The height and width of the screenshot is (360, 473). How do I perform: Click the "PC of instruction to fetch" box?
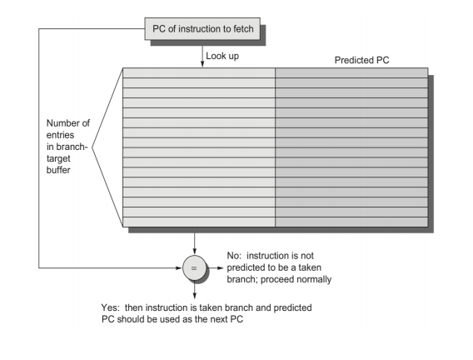click(202, 28)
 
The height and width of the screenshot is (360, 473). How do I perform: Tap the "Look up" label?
click(222, 56)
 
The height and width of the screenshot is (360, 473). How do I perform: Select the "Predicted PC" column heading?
click(361, 60)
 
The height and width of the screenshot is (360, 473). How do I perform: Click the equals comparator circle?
click(194, 267)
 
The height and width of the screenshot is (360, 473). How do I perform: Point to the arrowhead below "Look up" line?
click(202, 63)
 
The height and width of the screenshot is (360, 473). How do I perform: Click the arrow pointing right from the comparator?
click(215, 267)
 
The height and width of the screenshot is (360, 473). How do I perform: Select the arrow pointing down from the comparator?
click(194, 289)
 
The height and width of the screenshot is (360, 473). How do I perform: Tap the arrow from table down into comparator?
click(194, 244)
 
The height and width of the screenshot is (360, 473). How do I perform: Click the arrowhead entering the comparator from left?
click(179, 267)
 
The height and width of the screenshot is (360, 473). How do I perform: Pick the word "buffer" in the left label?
click(58, 170)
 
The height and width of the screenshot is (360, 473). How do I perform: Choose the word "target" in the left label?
click(58, 158)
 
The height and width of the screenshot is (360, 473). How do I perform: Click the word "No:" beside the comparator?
click(234, 256)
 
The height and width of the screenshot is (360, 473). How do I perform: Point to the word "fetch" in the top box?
click(243, 28)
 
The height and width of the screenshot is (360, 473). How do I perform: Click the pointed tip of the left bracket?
click(92, 147)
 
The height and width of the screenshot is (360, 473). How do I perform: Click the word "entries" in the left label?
click(60, 135)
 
